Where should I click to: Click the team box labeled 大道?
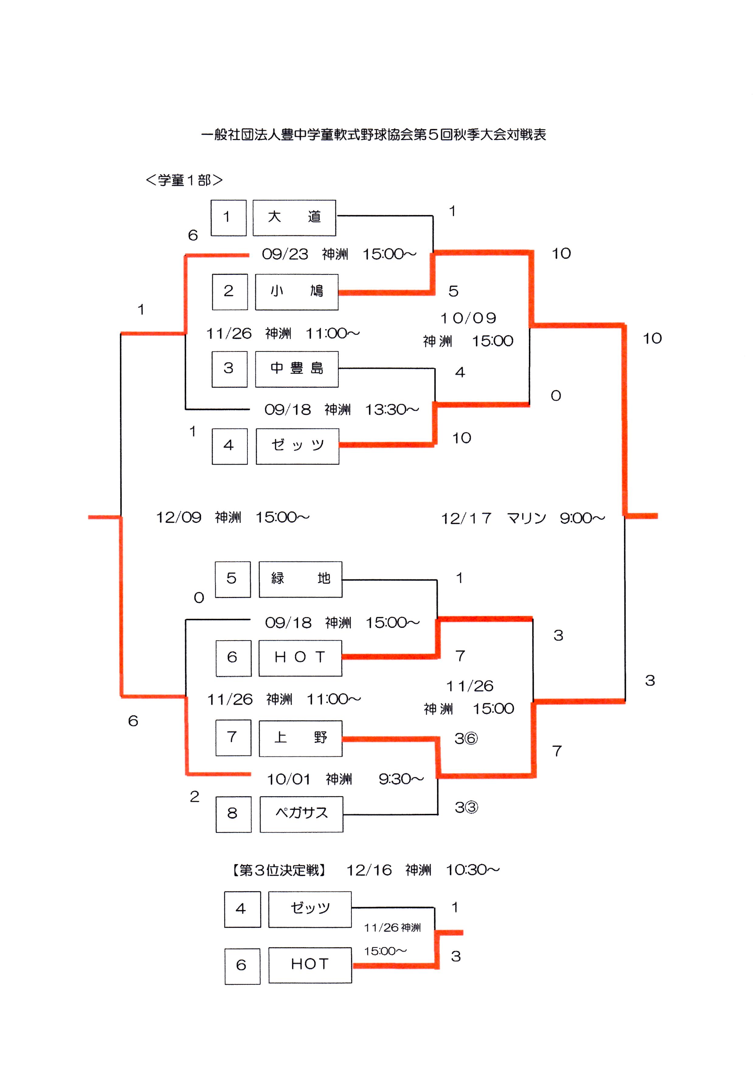tap(294, 218)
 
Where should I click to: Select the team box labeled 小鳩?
tap(296, 292)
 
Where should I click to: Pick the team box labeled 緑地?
tap(300, 579)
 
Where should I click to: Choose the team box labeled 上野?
tap(300, 738)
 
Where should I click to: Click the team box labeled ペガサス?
tap(301, 814)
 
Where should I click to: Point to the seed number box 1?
tap(228, 218)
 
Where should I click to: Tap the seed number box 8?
tap(233, 814)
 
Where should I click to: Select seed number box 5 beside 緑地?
tap(232, 579)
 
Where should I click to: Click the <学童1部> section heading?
tap(184, 180)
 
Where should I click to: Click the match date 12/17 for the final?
tap(466, 518)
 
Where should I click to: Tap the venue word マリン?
tap(526, 518)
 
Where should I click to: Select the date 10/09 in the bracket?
tap(468, 318)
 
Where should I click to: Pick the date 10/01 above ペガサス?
tap(288, 779)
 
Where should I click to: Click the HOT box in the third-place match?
tap(310, 965)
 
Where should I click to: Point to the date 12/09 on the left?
tap(178, 517)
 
